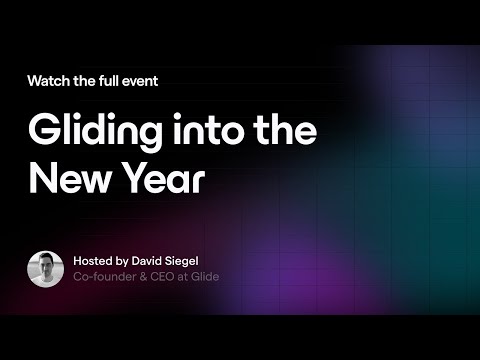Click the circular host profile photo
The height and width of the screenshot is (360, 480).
pos(46,267)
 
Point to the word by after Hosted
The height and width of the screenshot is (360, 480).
pos(128,260)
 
